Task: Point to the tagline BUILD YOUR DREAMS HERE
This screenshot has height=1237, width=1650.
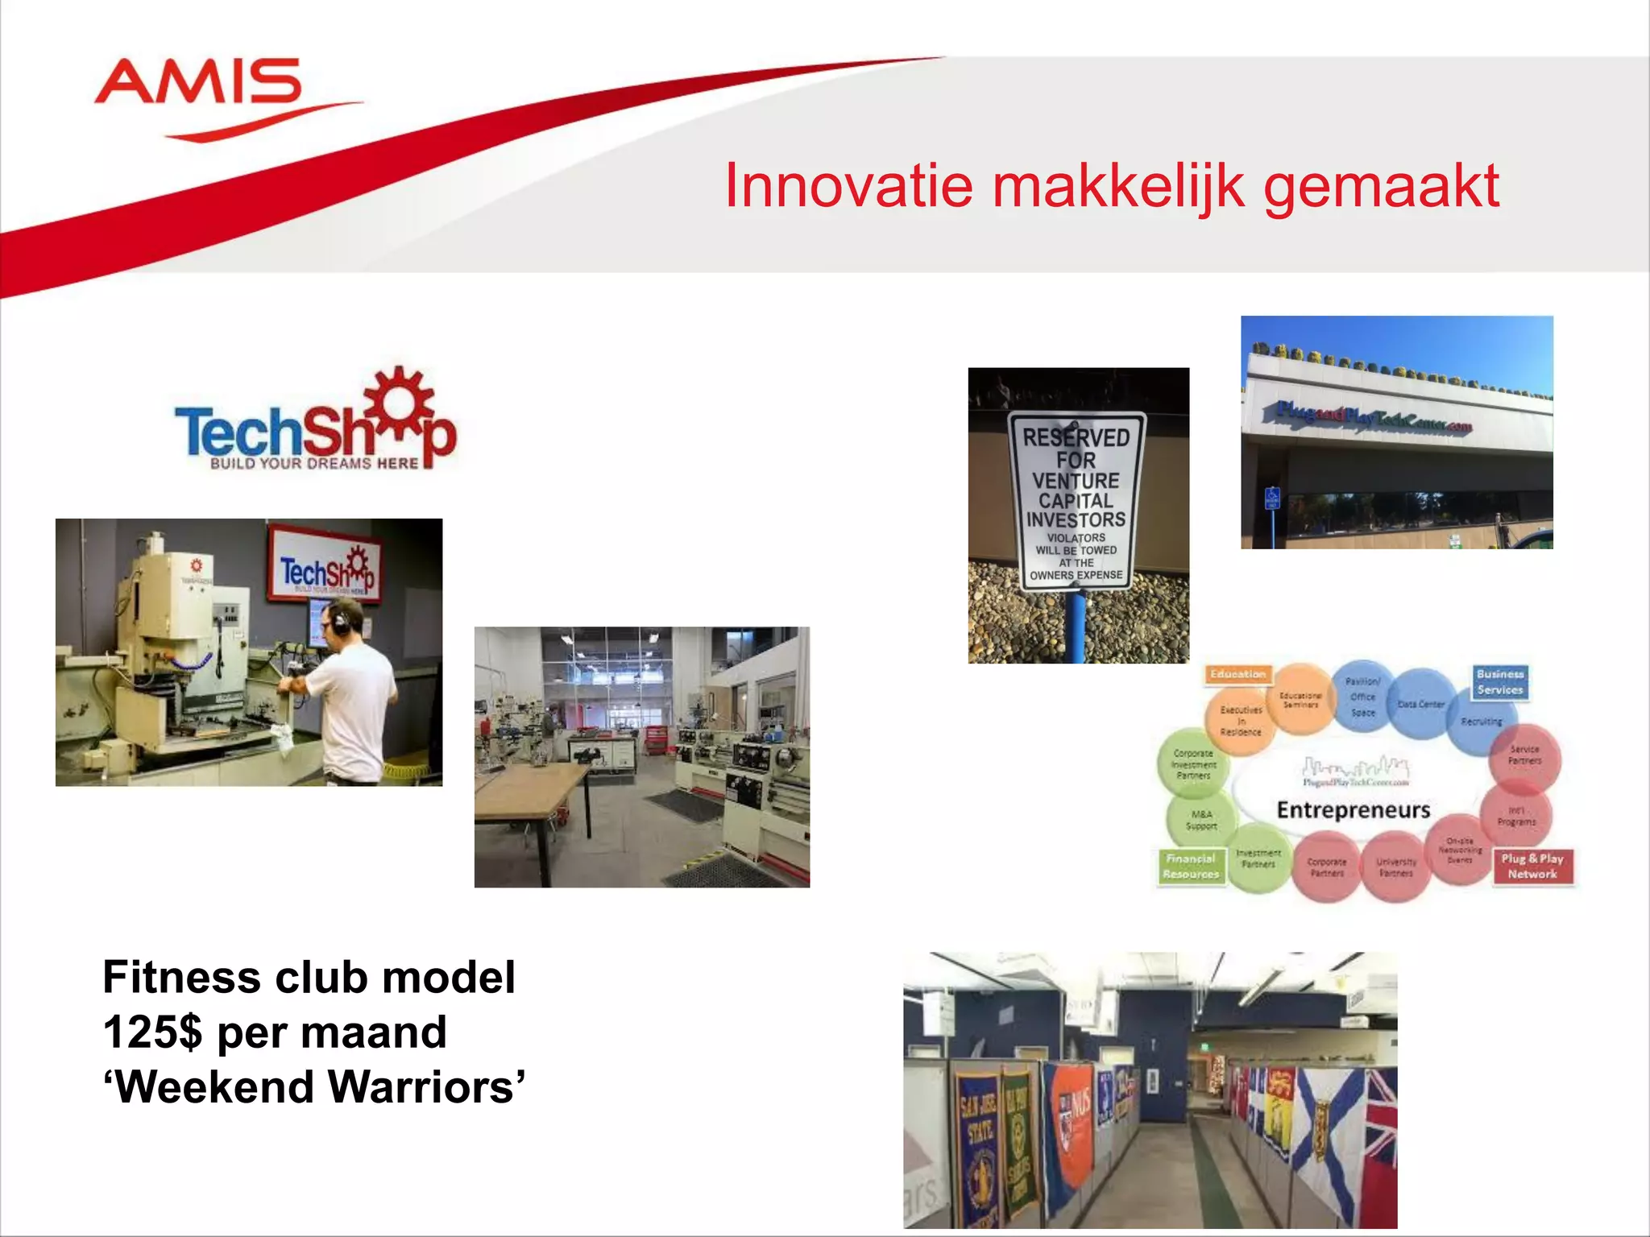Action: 314,464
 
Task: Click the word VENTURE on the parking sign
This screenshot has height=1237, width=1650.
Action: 1076,481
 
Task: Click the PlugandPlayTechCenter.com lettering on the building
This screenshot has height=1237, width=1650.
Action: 1374,416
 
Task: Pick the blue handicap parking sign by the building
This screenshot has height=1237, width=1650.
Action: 1272,498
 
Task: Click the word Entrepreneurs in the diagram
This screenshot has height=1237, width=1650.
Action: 1354,809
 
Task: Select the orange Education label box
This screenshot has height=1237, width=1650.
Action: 1237,674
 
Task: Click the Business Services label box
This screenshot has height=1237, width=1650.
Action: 1500,682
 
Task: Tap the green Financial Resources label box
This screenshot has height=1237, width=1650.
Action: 1191,867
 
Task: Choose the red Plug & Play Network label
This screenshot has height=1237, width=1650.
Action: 1532,867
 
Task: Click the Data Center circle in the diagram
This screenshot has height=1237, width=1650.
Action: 1420,705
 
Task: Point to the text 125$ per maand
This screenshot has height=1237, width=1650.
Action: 275,1032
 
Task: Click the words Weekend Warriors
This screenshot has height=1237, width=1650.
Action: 314,1087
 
